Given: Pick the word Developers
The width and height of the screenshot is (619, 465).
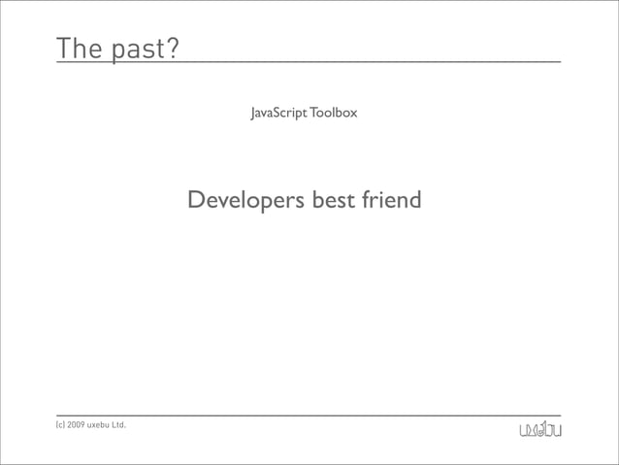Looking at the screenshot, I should [x=244, y=202].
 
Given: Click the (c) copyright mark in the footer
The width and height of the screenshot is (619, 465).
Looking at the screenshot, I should [x=60, y=425].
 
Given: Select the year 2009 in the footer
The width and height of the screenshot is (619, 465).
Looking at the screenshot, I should [x=77, y=425].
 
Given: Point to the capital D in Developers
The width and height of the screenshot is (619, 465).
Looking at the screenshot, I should [x=196, y=201].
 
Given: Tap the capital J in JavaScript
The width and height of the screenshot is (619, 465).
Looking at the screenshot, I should [x=253, y=115].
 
